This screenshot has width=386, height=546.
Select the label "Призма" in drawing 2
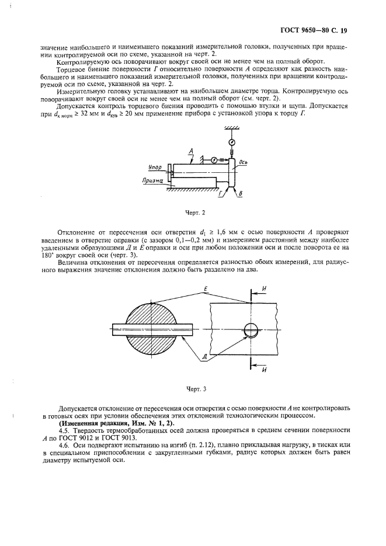point(151,182)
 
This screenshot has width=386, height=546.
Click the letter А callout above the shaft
point(192,150)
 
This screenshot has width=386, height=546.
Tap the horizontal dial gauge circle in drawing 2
point(214,160)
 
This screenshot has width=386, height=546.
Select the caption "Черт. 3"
point(192,389)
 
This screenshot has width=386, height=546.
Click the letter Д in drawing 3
point(203,356)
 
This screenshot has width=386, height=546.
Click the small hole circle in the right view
point(251,330)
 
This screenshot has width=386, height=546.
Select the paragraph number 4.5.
point(64,430)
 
